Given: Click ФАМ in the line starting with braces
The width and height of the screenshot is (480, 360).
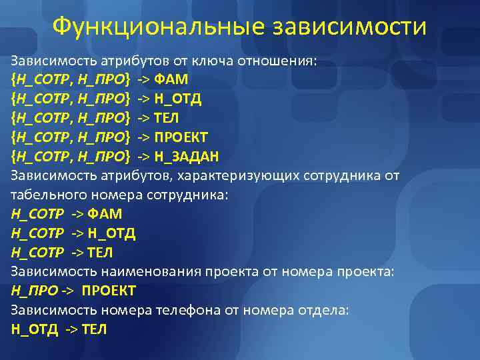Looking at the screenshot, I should coord(171,80).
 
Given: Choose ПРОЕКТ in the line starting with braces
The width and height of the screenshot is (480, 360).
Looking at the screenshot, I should coord(181,137).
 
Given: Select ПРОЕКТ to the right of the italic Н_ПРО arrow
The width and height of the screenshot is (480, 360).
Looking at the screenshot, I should coord(109,291).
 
